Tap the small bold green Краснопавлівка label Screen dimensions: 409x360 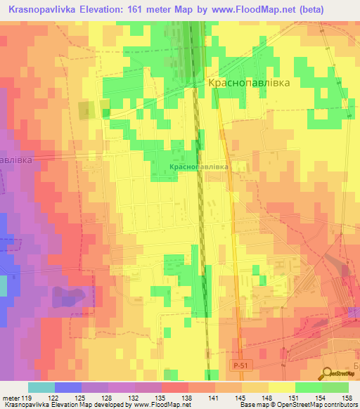pos(199,167)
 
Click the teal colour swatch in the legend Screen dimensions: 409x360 pos(41,387)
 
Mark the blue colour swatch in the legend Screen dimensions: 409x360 pos(68,387)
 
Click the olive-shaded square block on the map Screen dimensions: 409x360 pos(86,110)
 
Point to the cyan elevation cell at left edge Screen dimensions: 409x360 pos(3,286)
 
